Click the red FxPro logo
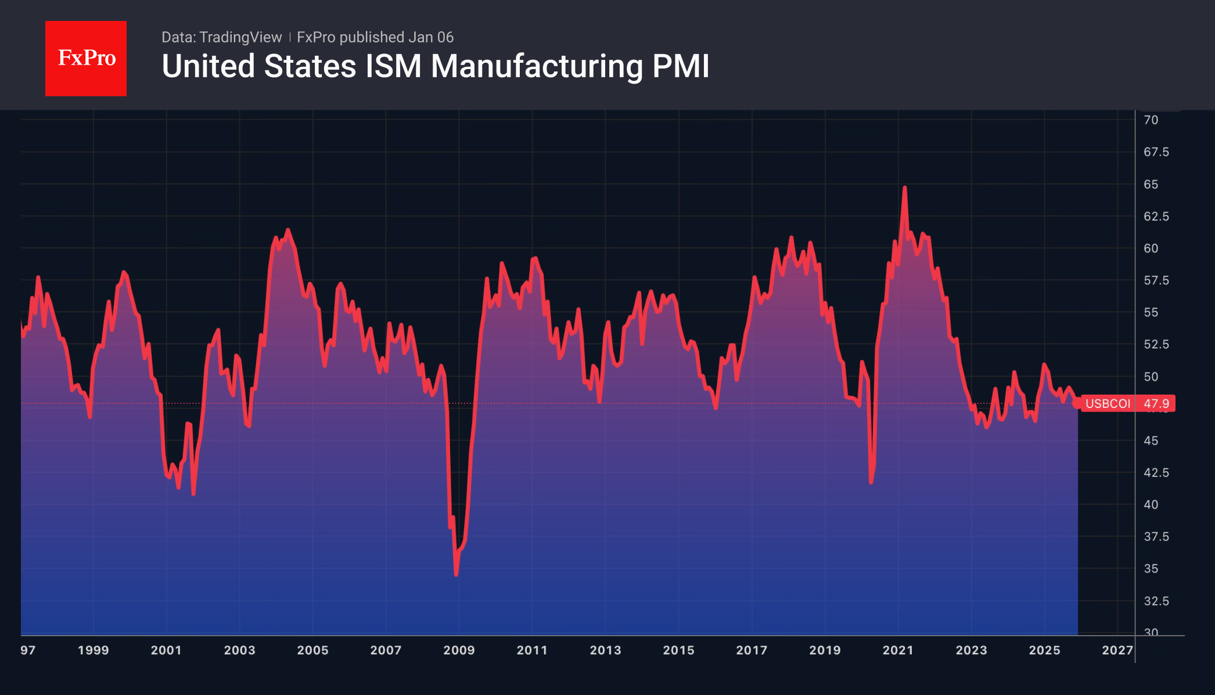click(86, 59)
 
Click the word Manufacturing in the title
click(537, 66)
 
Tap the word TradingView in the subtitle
click(240, 37)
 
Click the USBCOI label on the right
click(1108, 403)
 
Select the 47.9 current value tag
click(1156, 403)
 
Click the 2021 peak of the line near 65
click(904, 188)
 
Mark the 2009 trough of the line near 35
click(456, 575)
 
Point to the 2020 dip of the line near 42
click(871, 482)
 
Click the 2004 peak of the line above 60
click(288, 230)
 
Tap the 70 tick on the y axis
click(1151, 120)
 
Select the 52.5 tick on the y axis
click(1156, 344)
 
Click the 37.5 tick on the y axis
click(1156, 536)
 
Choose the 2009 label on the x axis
click(459, 650)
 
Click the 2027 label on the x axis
click(1117, 650)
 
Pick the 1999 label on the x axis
click(93, 650)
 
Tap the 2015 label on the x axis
click(678, 650)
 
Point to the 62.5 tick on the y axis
click(1156, 216)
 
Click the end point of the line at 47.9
click(1077, 403)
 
